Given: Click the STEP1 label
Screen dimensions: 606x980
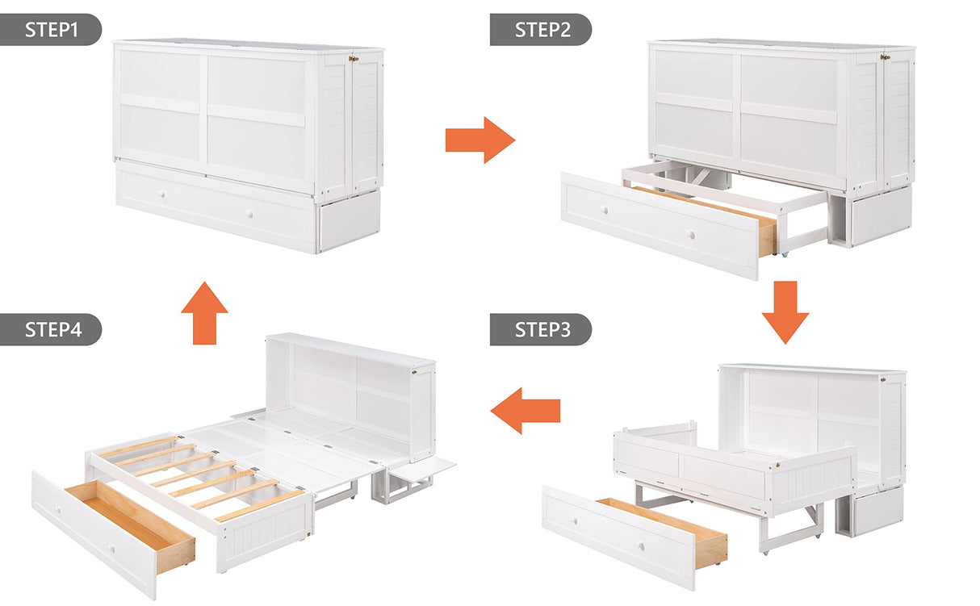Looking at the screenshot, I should click(50, 30).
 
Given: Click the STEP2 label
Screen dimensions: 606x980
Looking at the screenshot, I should click(540, 30).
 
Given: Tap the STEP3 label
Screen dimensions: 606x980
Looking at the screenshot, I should click(540, 330).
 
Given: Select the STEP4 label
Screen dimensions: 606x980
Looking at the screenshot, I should click(50, 330).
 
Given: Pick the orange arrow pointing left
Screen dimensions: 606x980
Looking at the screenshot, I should click(526, 411).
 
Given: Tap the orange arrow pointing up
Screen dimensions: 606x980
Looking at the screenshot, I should click(204, 312).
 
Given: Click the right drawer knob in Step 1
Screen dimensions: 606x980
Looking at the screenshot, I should click(250, 215).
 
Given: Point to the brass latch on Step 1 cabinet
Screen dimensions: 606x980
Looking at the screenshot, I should click(353, 58).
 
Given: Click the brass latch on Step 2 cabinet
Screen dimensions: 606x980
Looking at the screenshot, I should click(886, 57).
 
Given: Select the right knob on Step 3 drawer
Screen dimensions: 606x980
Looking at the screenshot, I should click(640, 547).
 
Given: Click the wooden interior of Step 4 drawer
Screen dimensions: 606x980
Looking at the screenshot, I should click(129, 516).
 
